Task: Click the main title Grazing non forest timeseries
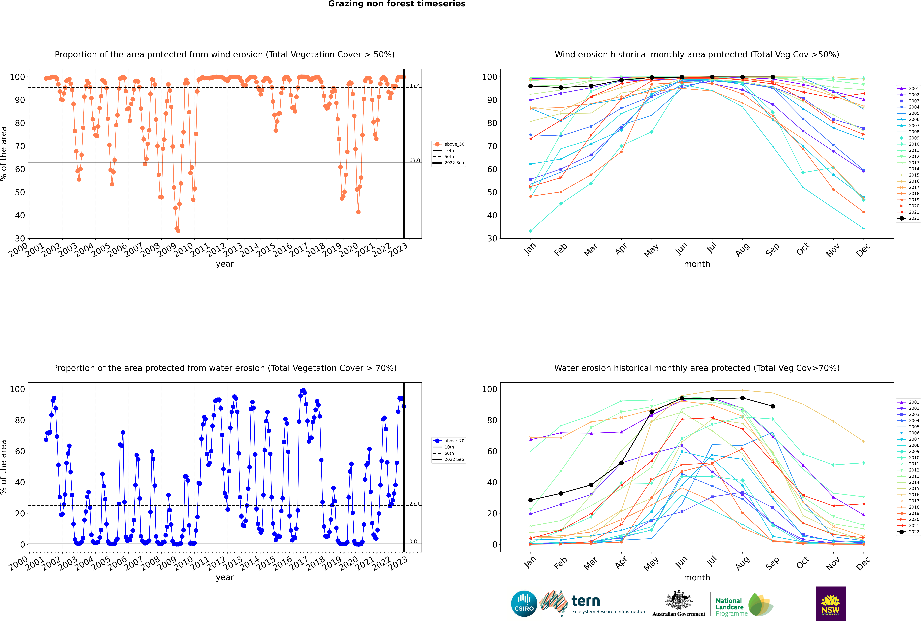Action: [x=397, y=4]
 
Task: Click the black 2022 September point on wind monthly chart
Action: [x=773, y=77]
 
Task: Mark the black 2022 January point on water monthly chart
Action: [x=531, y=500]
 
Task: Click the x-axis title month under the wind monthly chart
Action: [x=697, y=264]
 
